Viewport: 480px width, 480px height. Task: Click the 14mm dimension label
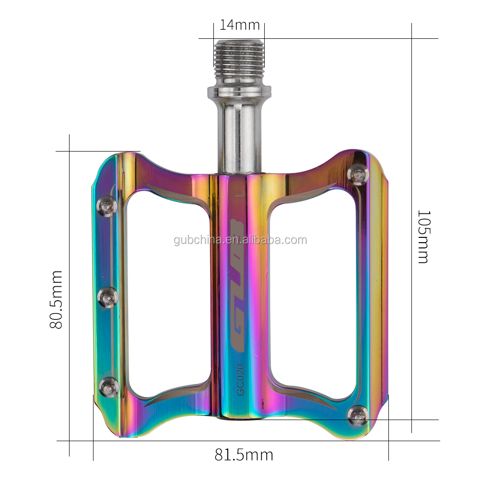pyautogui.click(x=239, y=24)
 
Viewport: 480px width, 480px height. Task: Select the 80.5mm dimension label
pyautogui.click(x=57, y=299)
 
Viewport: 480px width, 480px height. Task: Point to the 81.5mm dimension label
pyautogui.click(x=244, y=455)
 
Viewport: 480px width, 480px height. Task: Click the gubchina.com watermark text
pyautogui.click(x=240, y=240)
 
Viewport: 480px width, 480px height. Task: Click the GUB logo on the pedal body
pyautogui.click(x=237, y=285)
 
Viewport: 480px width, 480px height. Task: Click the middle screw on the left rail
pyautogui.click(x=107, y=298)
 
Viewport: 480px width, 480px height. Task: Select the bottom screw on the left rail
pyautogui.click(x=108, y=387)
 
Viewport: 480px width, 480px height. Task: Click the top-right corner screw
pyautogui.click(x=358, y=174)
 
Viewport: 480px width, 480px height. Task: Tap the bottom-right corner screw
pyautogui.click(x=357, y=415)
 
